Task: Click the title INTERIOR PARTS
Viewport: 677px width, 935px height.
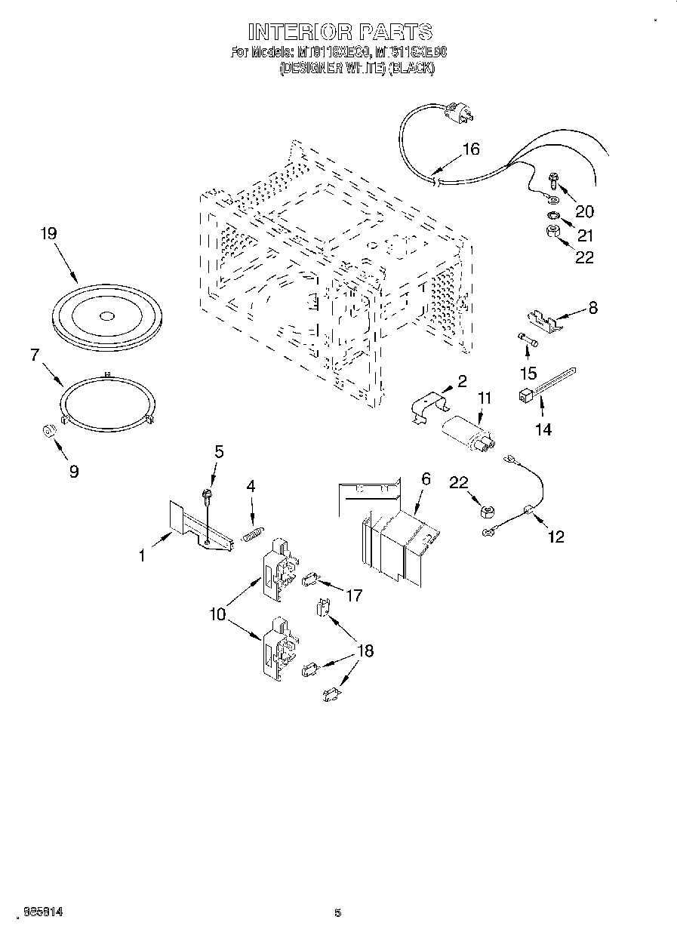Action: click(340, 32)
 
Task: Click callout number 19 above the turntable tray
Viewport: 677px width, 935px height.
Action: click(48, 234)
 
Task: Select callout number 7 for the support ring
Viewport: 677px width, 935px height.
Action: click(35, 354)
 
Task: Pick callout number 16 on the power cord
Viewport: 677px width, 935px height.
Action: click(470, 149)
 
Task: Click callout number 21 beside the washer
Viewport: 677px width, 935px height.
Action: click(586, 235)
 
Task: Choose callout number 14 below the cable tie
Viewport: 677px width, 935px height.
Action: click(543, 429)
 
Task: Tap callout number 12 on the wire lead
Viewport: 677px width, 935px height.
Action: click(556, 537)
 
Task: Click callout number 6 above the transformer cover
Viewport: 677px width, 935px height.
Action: click(426, 478)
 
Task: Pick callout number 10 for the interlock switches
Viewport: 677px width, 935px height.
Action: click(218, 614)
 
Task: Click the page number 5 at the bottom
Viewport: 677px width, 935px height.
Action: click(337, 912)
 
